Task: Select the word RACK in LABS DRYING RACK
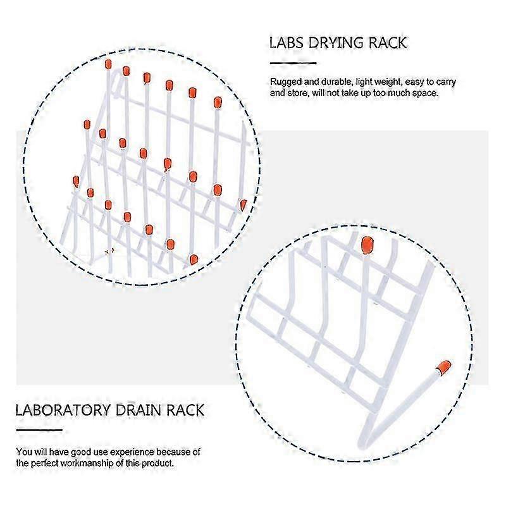click(x=388, y=43)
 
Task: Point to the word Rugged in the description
click(x=285, y=82)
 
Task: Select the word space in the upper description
click(x=424, y=93)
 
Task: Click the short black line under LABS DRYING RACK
click(x=293, y=63)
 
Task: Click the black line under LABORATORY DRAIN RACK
click(x=39, y=429)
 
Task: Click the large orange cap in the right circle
click(x=367, y=244)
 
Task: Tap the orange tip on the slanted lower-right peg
click(x=444, y=367)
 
